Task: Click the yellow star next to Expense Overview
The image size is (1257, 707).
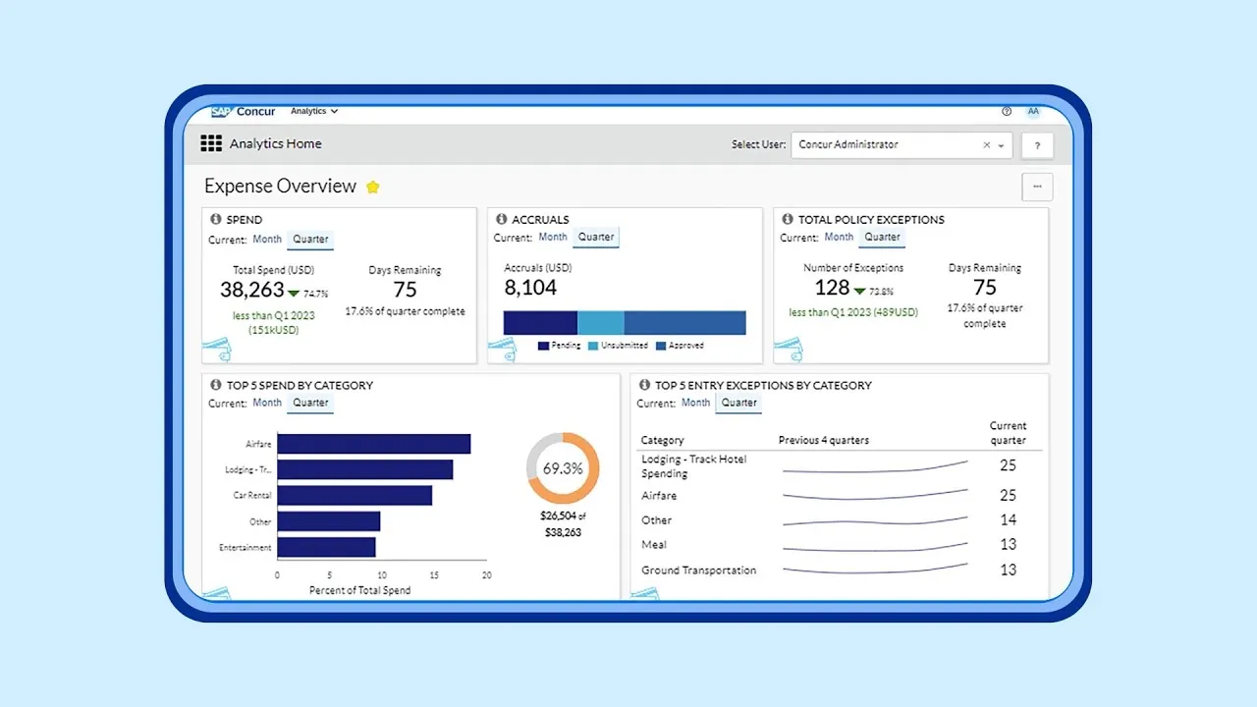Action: (373, 188)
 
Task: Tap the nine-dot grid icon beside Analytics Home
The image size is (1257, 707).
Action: (211, 144)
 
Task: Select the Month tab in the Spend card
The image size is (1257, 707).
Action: (267, 239)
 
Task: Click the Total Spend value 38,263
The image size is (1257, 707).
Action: (252, 290)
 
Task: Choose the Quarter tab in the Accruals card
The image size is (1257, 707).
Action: (596, 238)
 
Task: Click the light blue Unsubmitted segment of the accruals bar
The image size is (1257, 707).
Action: (600, 323)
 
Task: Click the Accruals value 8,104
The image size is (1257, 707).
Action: (530, 288)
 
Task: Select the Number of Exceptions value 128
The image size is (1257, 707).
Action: (832, 288)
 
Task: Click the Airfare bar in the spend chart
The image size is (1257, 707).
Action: (373, 444)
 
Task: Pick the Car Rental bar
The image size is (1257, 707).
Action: (355, 496)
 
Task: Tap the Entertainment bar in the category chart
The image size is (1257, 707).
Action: (326, 547)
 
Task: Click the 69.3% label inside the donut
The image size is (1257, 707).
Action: (563, 468)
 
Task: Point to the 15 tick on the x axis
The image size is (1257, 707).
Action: (434, 575)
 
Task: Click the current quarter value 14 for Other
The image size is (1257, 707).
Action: (1008, 520)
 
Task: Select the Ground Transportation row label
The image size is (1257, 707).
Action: (698, 571)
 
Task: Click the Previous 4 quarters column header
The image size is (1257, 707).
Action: (823, 440)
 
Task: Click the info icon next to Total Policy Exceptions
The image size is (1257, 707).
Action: (788, 219)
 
